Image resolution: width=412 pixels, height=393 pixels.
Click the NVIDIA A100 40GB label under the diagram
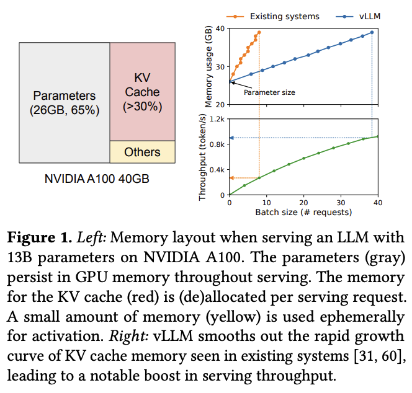[97, 179]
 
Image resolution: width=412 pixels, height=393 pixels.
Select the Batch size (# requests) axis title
[303, 212]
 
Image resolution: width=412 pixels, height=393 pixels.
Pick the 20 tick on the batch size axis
[303, 203]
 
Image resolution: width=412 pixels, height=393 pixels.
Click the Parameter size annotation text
[269, 92]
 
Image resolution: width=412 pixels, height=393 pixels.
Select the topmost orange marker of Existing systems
[259, 32]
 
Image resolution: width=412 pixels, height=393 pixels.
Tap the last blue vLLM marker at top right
[372, 32]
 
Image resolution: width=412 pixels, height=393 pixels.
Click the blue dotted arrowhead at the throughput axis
[232, 138]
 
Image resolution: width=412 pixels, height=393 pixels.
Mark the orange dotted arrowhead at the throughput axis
[232, 178]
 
